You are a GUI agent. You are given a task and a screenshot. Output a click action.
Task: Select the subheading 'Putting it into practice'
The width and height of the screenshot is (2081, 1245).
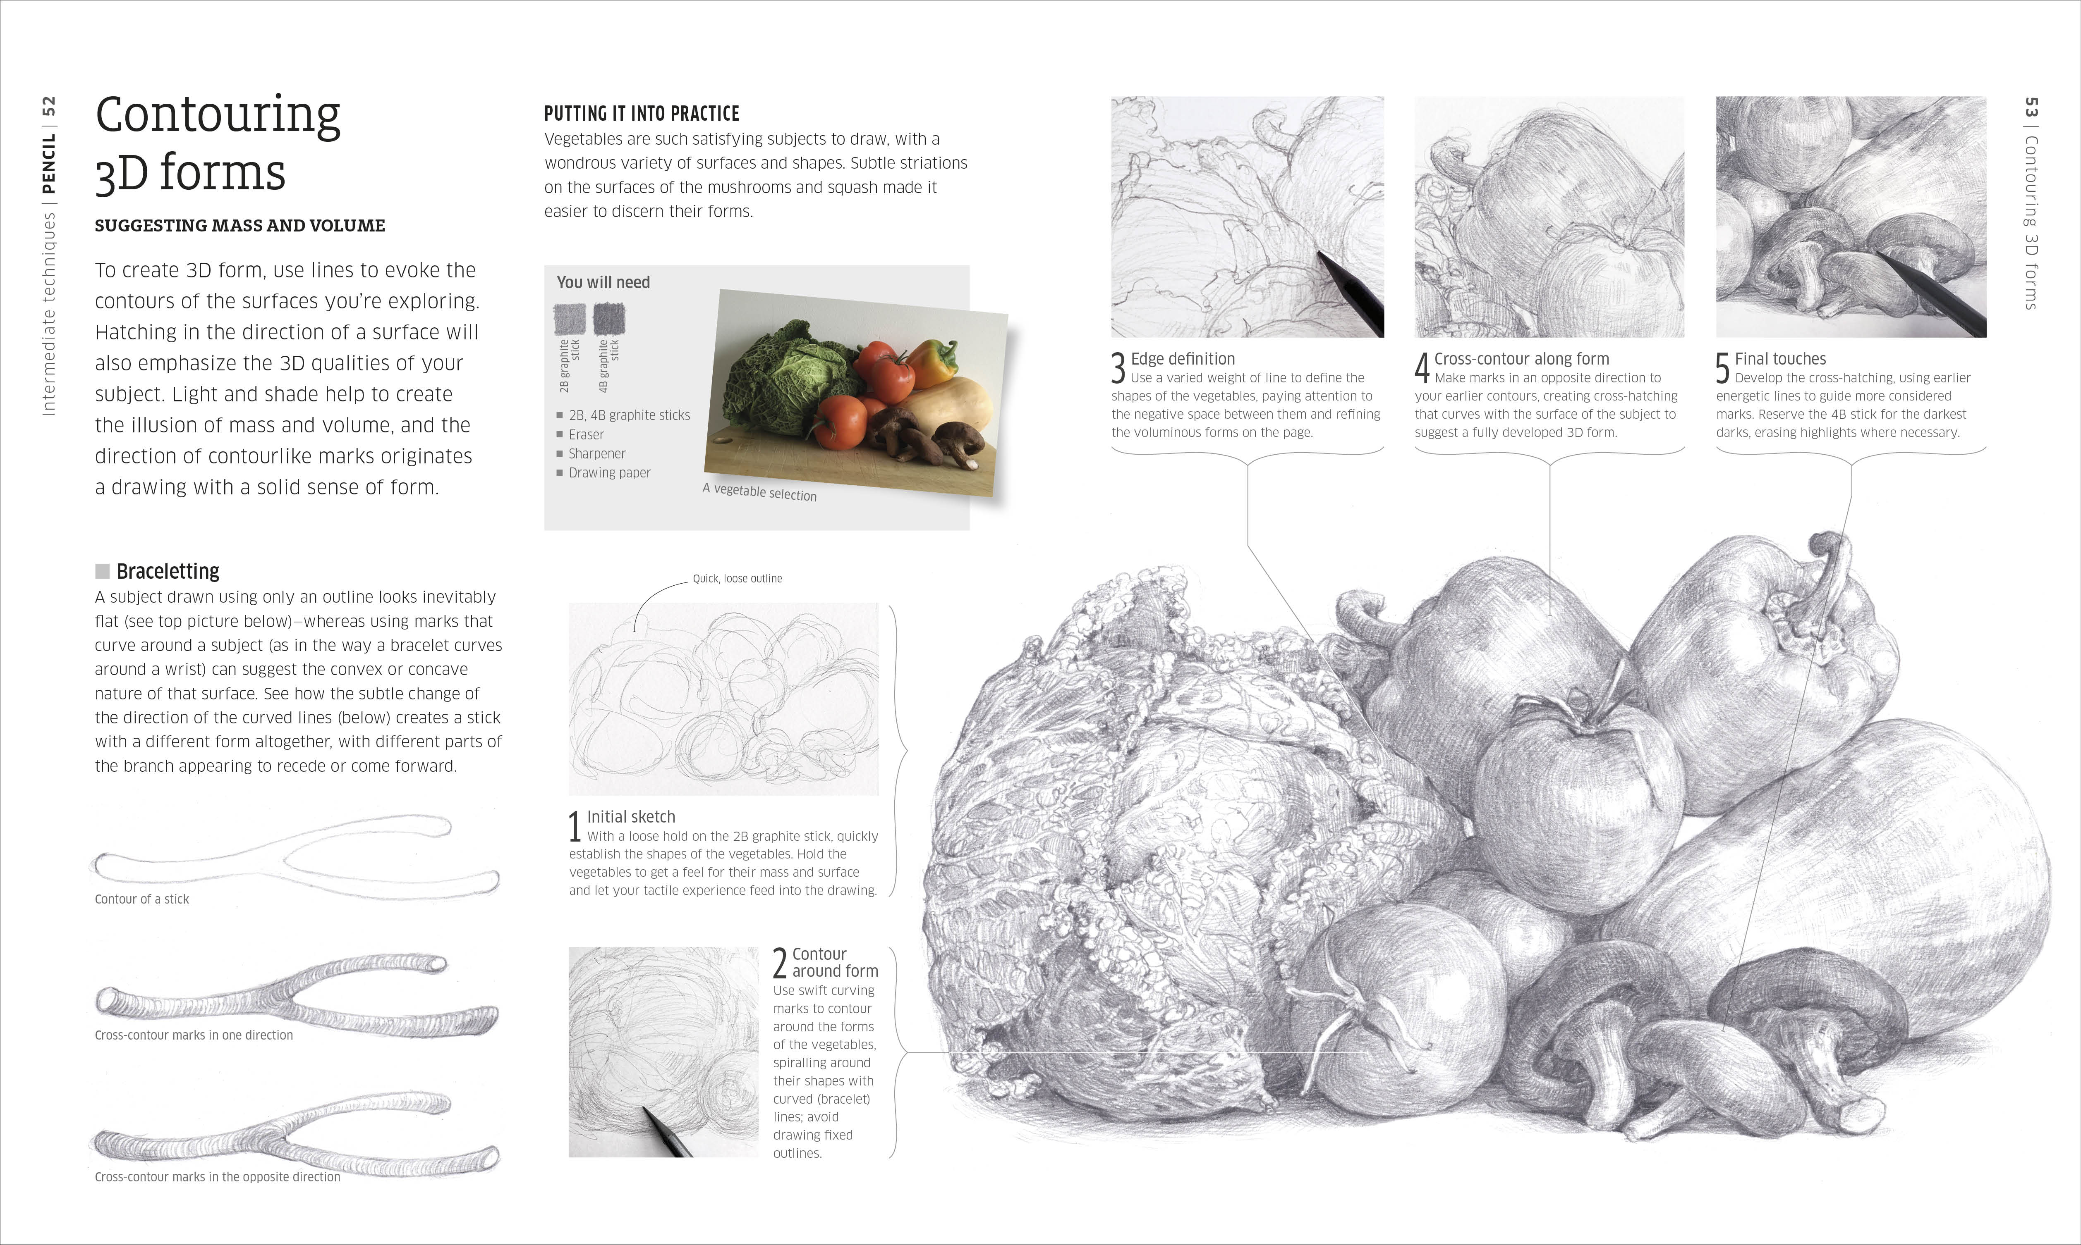click(641, 113)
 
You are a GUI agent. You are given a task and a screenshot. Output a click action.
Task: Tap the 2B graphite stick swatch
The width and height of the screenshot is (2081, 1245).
click(569, 319)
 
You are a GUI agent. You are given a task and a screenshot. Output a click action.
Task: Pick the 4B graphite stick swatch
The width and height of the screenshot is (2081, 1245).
click(608, 319)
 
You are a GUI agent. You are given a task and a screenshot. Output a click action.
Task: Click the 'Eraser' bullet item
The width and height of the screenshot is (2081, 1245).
click(586, 434)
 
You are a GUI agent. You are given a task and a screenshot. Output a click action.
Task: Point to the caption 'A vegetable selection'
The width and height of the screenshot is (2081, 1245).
click(760, 492)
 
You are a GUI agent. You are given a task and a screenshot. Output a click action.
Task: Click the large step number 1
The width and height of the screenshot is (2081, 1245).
click(575, 826)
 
